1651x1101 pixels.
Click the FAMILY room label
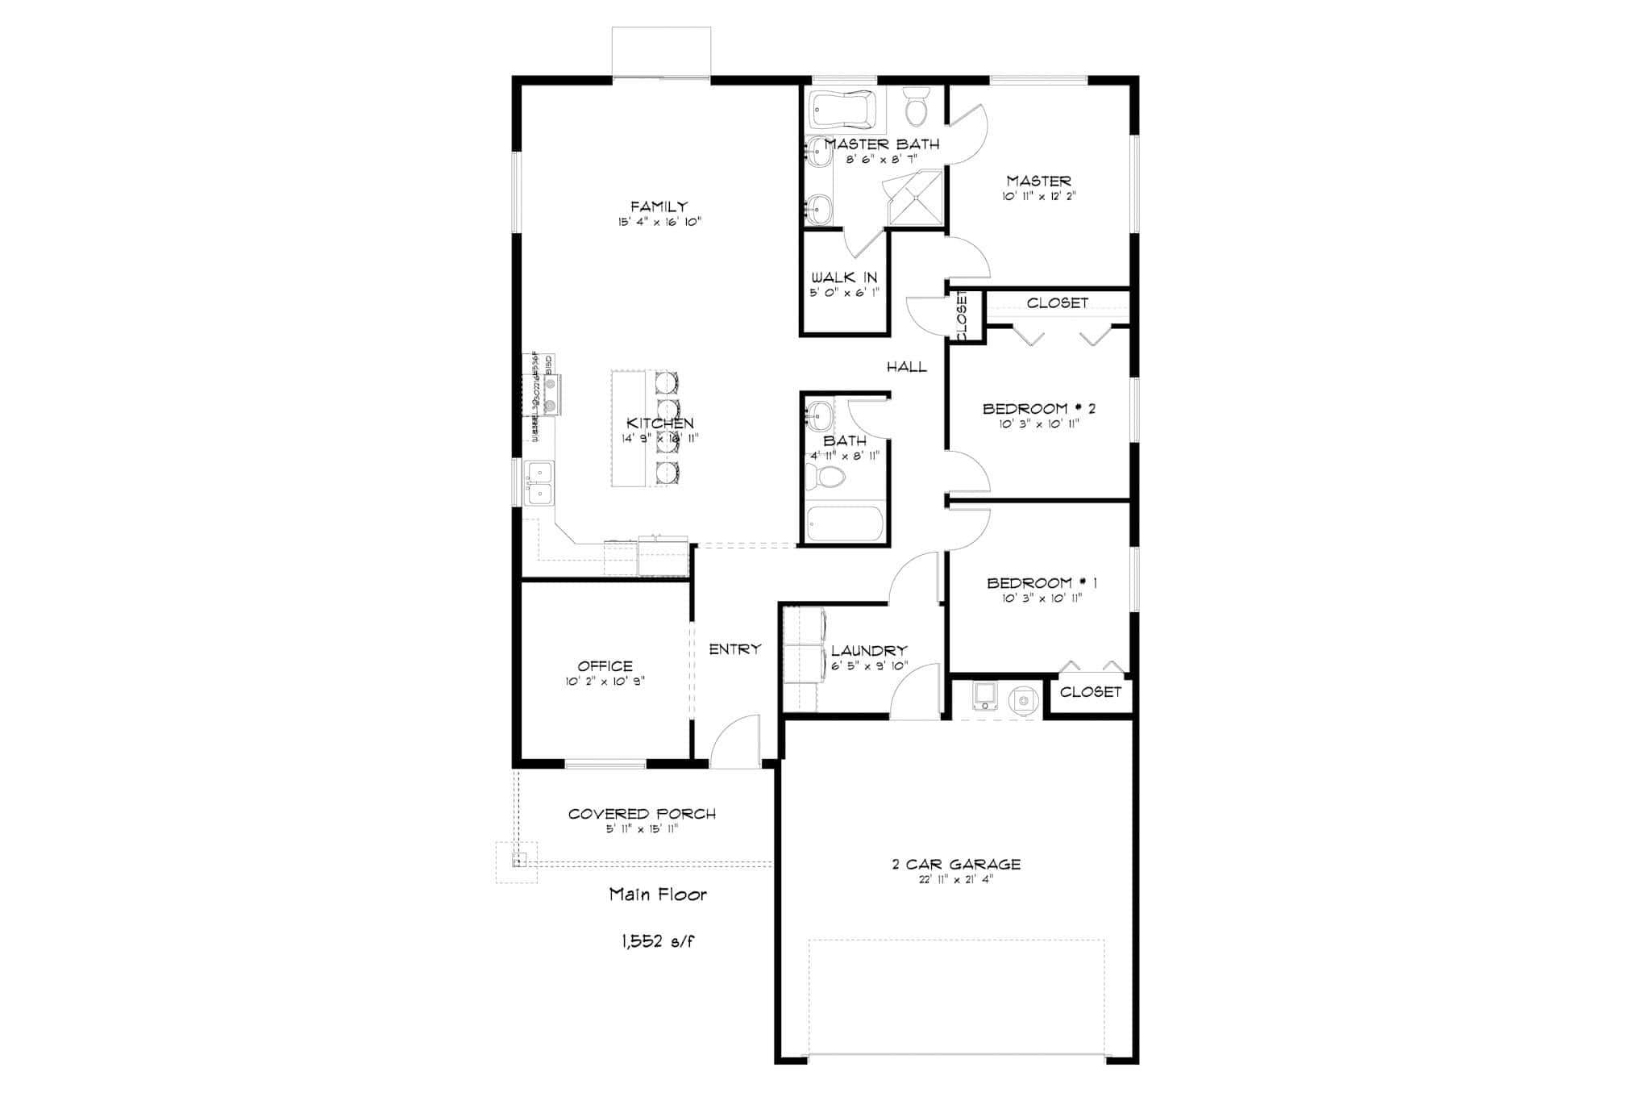click(659, 207)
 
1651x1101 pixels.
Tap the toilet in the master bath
click(916, 108)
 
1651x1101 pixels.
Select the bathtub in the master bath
click(842, 110)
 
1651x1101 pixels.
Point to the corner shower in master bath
click(915, 198)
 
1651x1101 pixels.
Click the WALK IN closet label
click(844, 277)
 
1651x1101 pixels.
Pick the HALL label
click(907, 367)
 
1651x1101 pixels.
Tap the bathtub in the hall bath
click(846, 523)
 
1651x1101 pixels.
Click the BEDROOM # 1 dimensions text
click(1042, 598)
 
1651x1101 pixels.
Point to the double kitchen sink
click(539, 482)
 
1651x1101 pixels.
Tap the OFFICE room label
click(605, 666)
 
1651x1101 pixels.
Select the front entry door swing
click(735, 740)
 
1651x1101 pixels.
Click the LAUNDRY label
click(869, 651)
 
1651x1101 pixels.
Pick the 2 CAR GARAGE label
click(956, 865)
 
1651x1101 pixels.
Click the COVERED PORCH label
click(642, 814)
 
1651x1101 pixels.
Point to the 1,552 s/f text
click(657, 940)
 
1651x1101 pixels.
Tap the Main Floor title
click(658, 894)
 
